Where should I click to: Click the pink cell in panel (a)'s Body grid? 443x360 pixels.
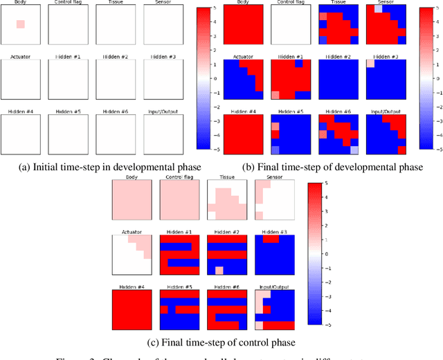(x=20, y=25)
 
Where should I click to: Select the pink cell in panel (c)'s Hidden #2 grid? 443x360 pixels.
(x=219, y=270)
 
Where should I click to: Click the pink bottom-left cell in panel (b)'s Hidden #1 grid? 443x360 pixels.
(x=276, y=95)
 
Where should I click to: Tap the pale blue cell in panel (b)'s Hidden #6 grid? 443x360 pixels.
(x=354, y=150)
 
